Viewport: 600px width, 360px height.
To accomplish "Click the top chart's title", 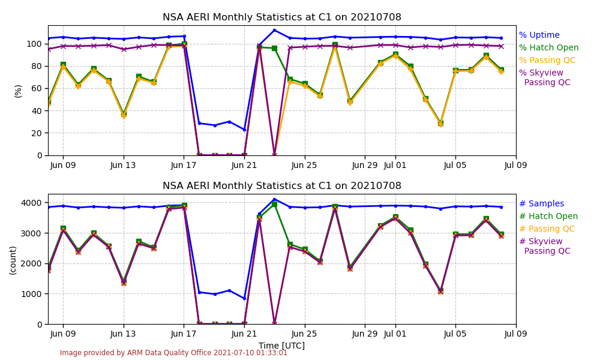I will (282, 17).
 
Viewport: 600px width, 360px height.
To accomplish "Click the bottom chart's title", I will (282, 186).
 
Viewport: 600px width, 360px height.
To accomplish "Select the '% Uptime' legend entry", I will (539, 35).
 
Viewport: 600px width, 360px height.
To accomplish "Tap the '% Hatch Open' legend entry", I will (548, 48).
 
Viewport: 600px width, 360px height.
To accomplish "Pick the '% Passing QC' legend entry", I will (547, 60).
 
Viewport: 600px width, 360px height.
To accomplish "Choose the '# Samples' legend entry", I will (541, 204).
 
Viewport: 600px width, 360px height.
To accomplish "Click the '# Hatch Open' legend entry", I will (548, 217).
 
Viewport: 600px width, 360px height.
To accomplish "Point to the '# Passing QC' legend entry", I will (547, 229).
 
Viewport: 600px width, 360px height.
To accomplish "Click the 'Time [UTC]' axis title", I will (281, 346).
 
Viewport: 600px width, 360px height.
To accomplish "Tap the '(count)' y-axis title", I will (13, 260).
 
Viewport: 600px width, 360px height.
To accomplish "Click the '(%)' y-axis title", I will (18, 91).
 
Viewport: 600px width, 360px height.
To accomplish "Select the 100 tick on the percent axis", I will (34, 44).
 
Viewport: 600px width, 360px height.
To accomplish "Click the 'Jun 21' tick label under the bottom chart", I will (244, 334).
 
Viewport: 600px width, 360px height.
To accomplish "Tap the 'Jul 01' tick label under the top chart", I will (395, 165).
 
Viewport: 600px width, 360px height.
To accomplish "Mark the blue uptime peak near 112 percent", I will (274, 30).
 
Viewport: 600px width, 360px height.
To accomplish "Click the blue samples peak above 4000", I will (274, 199).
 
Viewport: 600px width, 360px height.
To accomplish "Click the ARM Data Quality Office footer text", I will (173, 353).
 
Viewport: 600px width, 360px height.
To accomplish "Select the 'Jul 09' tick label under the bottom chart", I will (515, 334).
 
